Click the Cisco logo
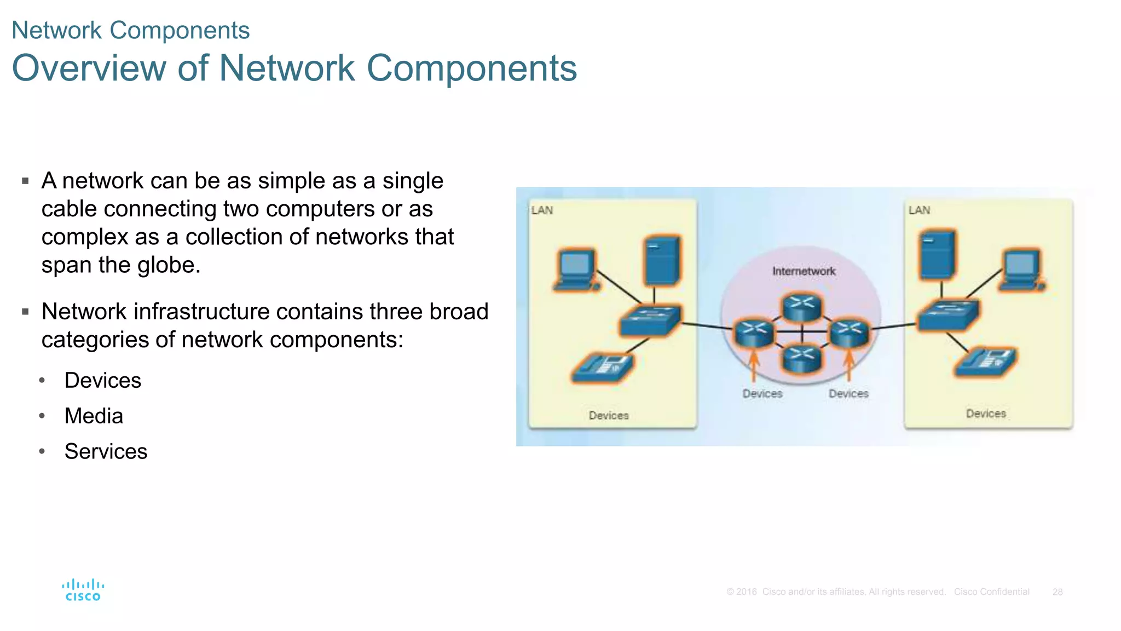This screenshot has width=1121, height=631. pos(83,590)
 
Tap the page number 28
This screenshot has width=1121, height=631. pos(1057,592)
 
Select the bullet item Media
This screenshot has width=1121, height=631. pos(94,416)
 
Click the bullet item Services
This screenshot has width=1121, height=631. pos(106,451)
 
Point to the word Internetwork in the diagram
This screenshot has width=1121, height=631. pos(804,271)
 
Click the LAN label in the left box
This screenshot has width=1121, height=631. pos(542,210)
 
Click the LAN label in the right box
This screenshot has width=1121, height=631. pos(919,210)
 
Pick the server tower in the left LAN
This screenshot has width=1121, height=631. pos(662,261)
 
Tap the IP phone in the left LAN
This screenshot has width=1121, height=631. pos(602,368)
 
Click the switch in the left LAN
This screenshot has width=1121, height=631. pos(650,319)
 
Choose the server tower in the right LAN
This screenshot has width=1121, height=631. pos(938,255)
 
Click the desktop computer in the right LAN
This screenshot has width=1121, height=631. pos(1021,270)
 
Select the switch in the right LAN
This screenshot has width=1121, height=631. pos(947,315)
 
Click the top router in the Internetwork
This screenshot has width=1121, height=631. pos(802,307)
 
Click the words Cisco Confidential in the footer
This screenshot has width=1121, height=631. pos(991,592)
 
